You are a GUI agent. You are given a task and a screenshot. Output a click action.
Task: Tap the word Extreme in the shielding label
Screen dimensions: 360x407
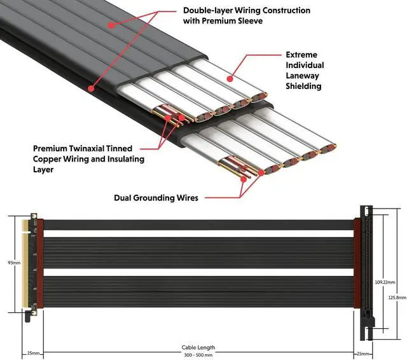pyautogui.click(x=301, y=55)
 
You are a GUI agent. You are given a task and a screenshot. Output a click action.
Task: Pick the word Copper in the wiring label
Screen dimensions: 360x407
pyautogui.click(x=48, y=158)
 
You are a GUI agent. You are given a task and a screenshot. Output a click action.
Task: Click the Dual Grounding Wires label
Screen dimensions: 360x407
pyautogui.click(x=156, y=198)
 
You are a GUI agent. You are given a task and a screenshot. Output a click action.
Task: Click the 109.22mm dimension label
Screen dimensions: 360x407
pyautogui.click(x=385, y=282)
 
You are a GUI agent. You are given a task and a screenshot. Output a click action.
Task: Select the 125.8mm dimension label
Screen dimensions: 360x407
pyautogui.click(x=396, y=298)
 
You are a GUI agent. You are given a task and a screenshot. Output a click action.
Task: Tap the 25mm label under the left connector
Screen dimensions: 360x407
pyautogui.click(x=34, y=352)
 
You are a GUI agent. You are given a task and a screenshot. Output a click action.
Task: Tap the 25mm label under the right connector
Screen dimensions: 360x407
pyautogui.click(x=362, y=352)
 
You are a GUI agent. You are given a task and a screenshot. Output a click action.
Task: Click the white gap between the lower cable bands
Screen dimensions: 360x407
pyautogui.click(x=197, y=272)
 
